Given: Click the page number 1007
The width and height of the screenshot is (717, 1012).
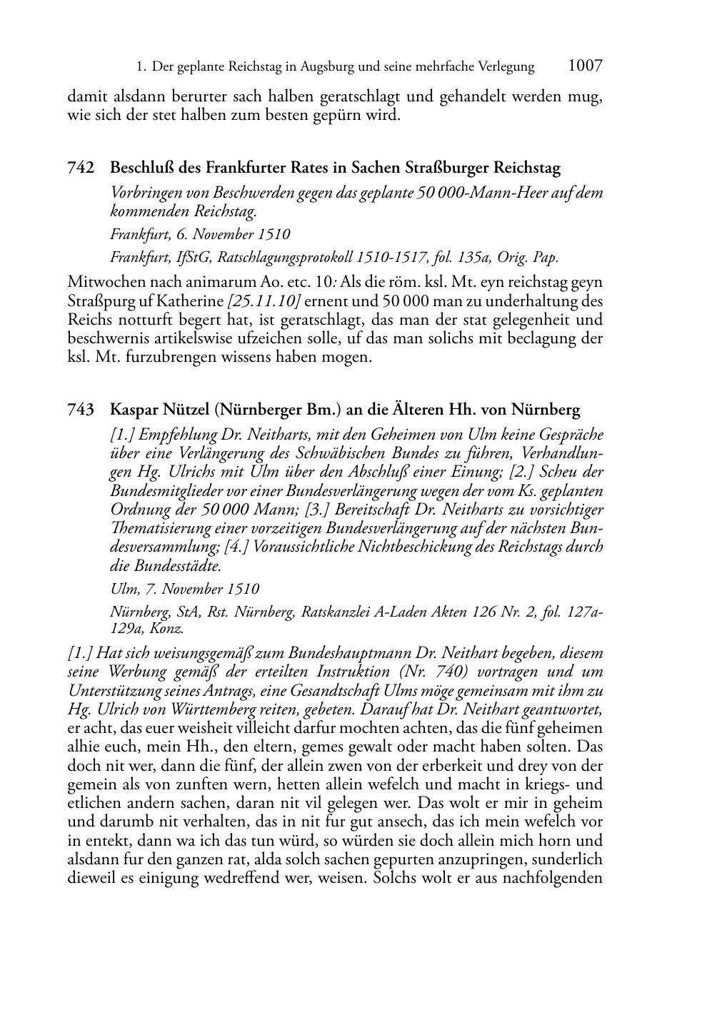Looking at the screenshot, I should point(585,66).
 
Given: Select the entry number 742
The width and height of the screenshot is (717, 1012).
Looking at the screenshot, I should point(81,168).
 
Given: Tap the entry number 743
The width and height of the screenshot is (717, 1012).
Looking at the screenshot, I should point(81,410).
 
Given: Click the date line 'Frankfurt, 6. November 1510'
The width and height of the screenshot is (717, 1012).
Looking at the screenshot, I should point(200,234).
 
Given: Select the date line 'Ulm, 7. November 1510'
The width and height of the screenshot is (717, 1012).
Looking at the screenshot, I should point(184,589).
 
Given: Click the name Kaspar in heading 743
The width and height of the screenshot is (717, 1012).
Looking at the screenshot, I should point(134,410).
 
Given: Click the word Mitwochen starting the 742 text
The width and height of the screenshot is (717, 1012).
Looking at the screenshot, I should point(106,283).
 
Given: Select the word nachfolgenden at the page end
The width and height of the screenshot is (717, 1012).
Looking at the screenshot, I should point(553,878).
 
